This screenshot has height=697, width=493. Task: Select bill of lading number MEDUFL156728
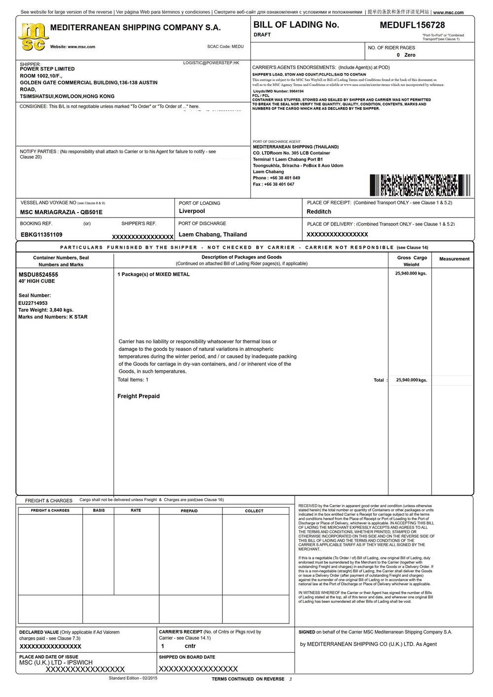[x=412, y=25]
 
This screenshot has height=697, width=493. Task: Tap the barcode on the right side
[x=420, y=185]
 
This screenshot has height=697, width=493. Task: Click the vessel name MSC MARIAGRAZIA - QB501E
[x=61, y=212]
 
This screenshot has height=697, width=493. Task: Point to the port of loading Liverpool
[x=192, y=211]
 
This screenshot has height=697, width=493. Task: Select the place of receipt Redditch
[x=319, y=212]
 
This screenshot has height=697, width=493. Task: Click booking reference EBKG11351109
[x=41, y=235]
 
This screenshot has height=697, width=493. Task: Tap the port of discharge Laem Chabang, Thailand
[x=212, y=235]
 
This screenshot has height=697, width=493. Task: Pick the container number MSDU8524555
[x=38, y=274]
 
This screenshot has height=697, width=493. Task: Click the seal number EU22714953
[x=33, y=303]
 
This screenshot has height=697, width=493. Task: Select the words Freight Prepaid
[x=139, y=396]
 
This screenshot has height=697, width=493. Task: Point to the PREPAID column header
[x=189, y=511]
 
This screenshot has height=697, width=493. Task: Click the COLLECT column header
[x=254, y=511]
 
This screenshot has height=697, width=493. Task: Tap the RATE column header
[x=136, y=511]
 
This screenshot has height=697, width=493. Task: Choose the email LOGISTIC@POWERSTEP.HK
[x=211, y=63]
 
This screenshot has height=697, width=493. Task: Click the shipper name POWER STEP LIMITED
[x=47, y=69]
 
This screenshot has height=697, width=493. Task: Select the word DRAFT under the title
[x=262, y=35]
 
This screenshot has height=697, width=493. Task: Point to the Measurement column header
[x=454, y=259]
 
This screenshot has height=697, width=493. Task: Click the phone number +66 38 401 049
[x=284, y=178]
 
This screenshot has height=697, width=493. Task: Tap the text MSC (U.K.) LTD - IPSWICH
[x=56, y=662]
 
